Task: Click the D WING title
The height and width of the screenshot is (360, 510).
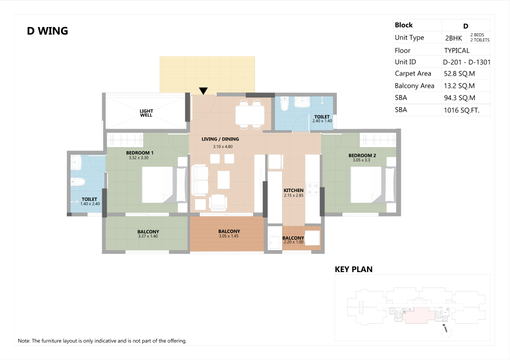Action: tap(48, 31)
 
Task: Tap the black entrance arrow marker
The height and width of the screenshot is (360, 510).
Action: tap(203, 91)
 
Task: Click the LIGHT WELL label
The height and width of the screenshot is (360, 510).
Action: tap(146, 113)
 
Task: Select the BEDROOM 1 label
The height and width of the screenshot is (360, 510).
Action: tap(140, 153)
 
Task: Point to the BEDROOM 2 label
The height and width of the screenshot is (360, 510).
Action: tap(362, 155)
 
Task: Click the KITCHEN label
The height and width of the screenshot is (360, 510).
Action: tap(293, 190)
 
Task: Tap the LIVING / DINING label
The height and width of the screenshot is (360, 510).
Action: tap(220, 139)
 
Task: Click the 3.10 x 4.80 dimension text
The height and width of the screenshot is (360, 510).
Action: tap(223, 147)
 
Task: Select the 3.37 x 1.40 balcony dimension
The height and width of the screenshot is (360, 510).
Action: tap(148, 236)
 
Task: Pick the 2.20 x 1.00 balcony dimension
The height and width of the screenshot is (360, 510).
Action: tap(293, 242)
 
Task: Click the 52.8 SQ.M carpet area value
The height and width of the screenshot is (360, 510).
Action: tap(459, 74)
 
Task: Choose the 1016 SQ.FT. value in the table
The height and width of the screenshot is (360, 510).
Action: tap(461, 110)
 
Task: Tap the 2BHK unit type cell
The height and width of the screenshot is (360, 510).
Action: tap(453, 38)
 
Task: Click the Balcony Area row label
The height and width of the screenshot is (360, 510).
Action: tap(414, 86)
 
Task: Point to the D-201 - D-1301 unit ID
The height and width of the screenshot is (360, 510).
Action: tap(467, 62)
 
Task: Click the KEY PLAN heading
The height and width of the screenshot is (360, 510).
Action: tap(354, 269)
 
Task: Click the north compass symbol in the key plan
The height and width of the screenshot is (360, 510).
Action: tap(445, 330)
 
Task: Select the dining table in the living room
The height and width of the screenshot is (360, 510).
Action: tap(250, 114)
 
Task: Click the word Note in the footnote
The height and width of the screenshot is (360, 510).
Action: tap(24, 341)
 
